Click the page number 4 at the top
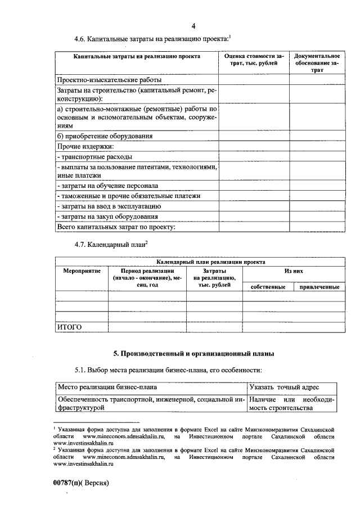[193, 26]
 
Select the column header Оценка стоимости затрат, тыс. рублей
[254, 61]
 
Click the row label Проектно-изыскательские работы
[105, 80]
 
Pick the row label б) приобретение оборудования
[105, 136]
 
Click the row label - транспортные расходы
[95, 157]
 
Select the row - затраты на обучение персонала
[107, 186]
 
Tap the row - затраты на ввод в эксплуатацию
[110, 206]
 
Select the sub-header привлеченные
[319, 287]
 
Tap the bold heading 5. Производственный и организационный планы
[194, 354]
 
